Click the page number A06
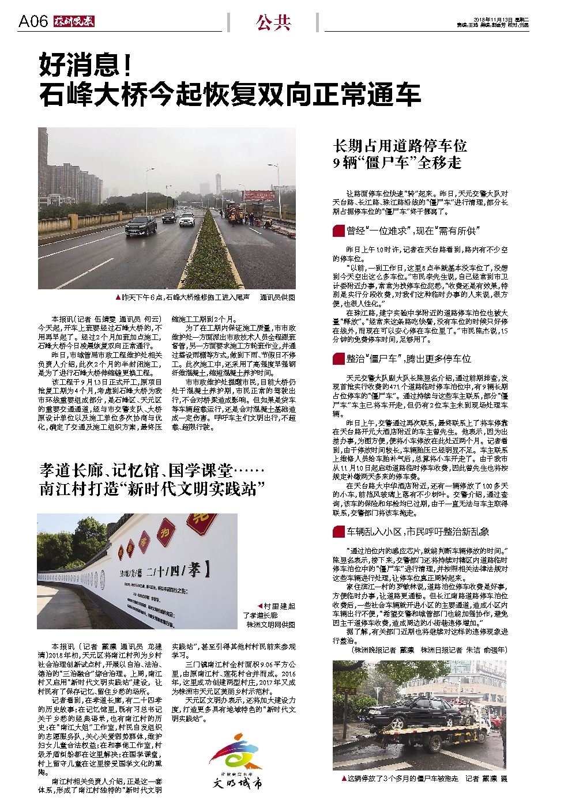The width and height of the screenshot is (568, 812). click(32, 22)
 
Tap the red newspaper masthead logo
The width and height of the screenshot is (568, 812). click(74, 22)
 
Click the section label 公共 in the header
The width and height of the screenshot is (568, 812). click(273, 22)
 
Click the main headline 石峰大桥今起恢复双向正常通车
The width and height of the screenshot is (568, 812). click(230, 95)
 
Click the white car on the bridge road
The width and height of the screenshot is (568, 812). click(186, 219)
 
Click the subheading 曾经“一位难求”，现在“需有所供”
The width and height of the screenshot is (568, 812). click(413, 232)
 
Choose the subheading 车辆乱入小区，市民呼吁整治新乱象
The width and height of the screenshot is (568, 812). click(417, 531)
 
